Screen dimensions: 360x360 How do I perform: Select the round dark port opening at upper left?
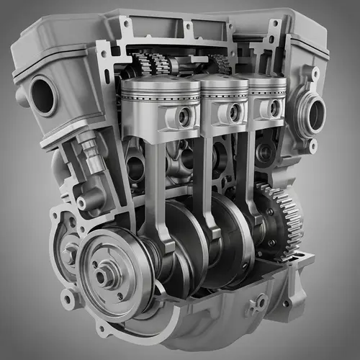(43, 95)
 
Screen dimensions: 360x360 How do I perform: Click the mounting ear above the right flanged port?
(315, 73)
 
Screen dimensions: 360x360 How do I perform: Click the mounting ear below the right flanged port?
(312, 147)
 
